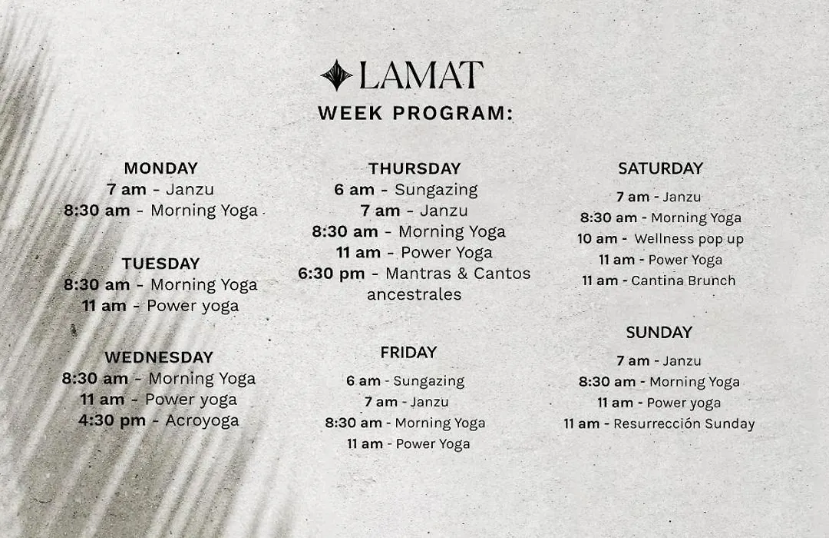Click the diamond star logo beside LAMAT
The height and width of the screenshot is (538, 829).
336,75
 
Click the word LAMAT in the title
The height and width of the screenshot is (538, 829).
421,75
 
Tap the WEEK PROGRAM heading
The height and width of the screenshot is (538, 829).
415,113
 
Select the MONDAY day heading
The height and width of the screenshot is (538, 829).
160,168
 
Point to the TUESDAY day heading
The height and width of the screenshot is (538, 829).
160,264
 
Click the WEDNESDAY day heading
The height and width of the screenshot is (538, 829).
159,357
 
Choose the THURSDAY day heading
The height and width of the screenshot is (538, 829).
414,168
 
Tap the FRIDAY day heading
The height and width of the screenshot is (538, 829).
408,352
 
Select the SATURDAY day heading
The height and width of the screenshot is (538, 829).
660,168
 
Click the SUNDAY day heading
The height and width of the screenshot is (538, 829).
659,333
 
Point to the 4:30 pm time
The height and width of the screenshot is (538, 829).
111,420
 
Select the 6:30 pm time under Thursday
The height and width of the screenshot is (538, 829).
331,274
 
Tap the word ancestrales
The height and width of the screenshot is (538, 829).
414,294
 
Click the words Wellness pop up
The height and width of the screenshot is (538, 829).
689,239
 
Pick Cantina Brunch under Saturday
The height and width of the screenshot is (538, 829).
683,281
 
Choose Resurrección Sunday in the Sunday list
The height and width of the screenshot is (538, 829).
684,424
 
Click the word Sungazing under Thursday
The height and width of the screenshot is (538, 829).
436,190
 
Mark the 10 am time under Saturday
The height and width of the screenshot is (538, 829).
597,239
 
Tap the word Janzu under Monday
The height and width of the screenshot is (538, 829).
190,190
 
